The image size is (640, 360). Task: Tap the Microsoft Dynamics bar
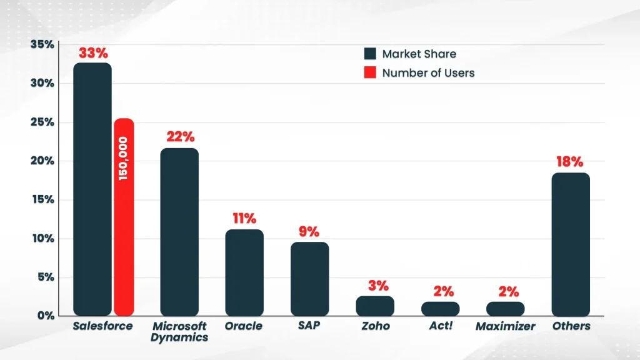[x=179, y=231]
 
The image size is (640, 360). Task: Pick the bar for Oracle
[x=244, y=272]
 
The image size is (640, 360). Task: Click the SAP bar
[x=309, y=279]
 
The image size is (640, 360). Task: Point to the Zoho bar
[x=375, y=306]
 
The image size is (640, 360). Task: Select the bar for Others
[x=571, y=244]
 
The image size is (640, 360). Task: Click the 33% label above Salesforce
[x=92, y=52]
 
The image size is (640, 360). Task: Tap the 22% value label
[x=180, y=137]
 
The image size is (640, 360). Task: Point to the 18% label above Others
[x=571, y=162]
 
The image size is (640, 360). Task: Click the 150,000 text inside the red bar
[x=123, y=159]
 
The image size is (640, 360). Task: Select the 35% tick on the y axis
[x=42, y=44]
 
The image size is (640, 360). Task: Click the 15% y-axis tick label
[x=42, y=200]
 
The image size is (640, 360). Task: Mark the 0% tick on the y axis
[x=45, y=316]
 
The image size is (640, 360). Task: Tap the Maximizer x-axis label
[x=505, y=326]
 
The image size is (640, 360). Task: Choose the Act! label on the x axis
[x=441, y=326]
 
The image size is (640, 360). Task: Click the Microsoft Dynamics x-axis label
[x=179, y=332]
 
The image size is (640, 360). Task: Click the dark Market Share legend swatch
[x=370, y=54]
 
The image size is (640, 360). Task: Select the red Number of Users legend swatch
[x=370, y=72]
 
